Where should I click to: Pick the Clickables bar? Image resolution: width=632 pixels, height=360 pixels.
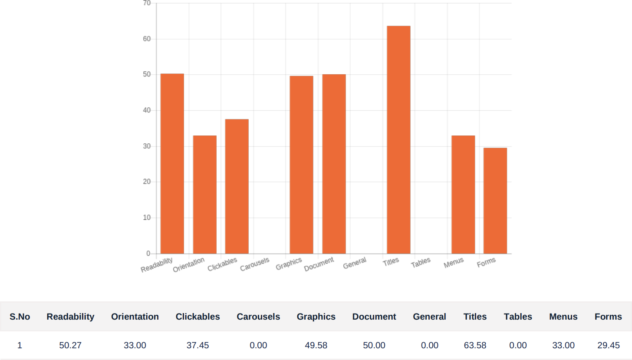[237, 186]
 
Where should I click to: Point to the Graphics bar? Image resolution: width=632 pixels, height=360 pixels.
[301, 165]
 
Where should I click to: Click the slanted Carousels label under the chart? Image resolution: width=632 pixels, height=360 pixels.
[255, 264]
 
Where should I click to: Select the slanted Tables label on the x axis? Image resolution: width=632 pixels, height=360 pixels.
[421, 262]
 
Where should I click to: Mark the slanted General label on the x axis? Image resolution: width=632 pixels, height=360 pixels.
[355, 263]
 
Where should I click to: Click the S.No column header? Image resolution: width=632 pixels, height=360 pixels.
[20, 317]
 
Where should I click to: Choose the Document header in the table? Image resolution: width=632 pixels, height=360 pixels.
[374, 317]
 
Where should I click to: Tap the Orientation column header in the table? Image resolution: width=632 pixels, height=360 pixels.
[135, 317]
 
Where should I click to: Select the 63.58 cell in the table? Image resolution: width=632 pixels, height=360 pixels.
[475, 346]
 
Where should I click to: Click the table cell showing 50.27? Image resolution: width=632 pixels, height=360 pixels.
[70, 346]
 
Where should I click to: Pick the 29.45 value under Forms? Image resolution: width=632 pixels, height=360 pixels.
[609, 346]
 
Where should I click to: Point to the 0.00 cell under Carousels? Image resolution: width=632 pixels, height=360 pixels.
[258, 346]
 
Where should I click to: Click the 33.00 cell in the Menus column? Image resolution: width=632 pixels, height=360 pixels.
[563, 346]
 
